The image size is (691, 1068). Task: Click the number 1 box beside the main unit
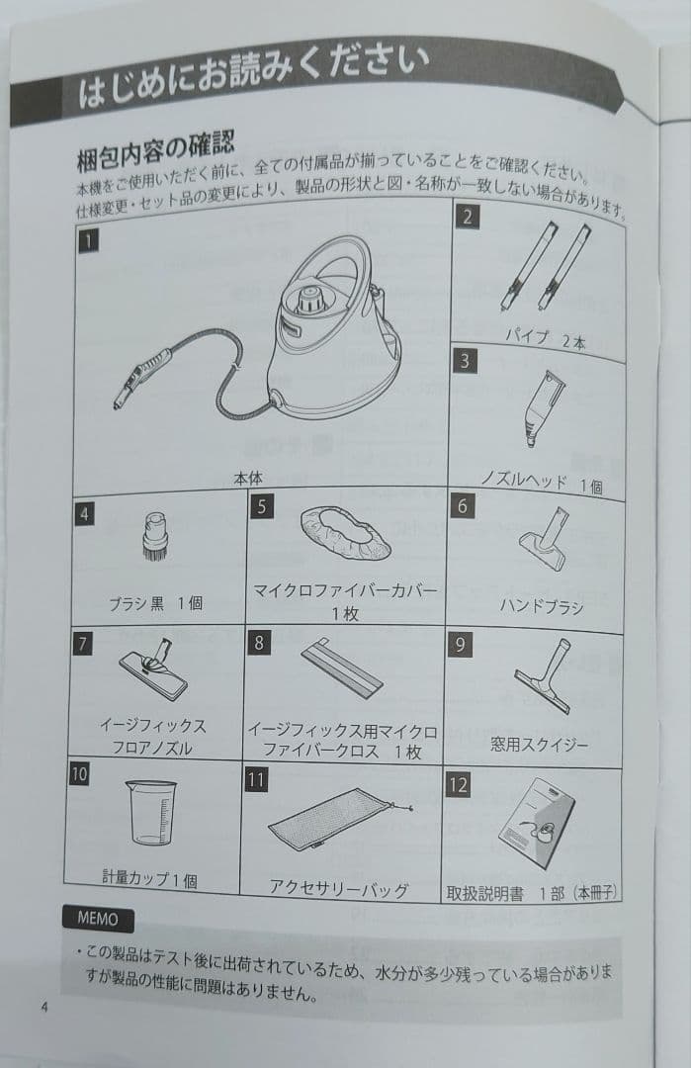click(89, 240)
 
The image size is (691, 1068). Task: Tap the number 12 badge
click(458, 785)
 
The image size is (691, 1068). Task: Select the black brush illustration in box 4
click(155, 537)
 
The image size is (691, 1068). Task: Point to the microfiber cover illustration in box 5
click(346, 533)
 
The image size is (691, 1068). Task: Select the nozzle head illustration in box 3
click(544, 408)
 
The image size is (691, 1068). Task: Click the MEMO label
click(97, 918)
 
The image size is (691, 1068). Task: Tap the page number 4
click(44, 1008)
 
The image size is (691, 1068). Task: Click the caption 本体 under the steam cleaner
click(248, 479)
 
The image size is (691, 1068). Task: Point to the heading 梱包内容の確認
click(155, 154)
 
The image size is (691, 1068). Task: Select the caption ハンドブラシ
click(542, 605)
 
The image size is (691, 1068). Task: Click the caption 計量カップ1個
click(150, 877)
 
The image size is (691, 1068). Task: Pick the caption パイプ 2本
click(545, 338)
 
